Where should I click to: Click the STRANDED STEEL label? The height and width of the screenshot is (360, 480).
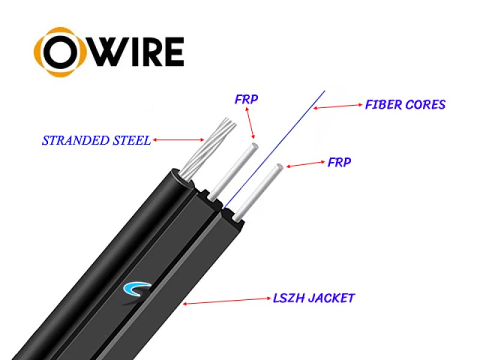click(x=96, y=141)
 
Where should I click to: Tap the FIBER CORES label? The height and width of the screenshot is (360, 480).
click(x=405, y=105)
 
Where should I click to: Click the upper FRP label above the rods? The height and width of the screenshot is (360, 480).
click(x=246, y=100)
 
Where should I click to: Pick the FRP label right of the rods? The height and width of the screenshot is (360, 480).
click(x=340, y=162)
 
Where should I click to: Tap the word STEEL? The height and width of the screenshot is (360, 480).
click(x=131, y=141)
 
